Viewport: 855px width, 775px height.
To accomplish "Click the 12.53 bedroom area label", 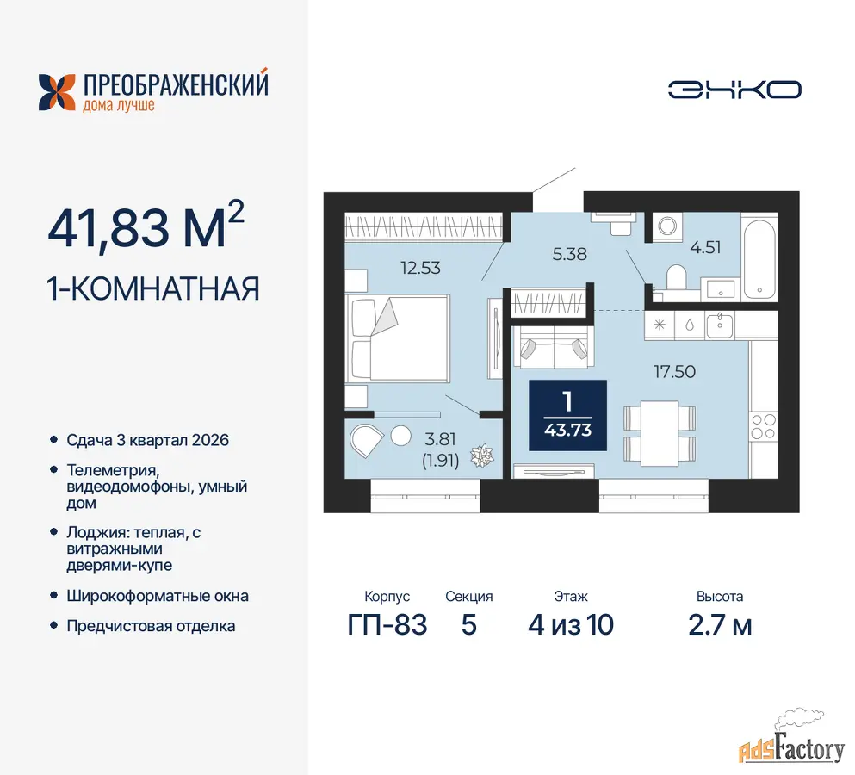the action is [420, 268].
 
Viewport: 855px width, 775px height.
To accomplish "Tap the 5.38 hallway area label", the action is [570, 254].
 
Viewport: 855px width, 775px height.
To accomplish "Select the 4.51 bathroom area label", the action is [705, 247].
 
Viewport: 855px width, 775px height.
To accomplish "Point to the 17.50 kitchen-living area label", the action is [674, 371].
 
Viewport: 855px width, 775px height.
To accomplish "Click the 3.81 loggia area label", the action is [440, 438].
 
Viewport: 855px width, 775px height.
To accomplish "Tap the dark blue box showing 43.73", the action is [567, 415].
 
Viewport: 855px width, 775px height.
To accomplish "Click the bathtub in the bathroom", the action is [759, 258].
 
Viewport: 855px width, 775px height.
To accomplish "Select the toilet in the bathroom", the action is [676, 277].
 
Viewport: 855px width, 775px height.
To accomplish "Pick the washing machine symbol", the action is [667, 226].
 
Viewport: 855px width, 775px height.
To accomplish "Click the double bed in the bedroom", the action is [400, 338].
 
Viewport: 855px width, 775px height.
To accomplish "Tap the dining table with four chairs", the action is [660, 434].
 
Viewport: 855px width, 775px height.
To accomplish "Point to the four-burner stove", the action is [764, 426].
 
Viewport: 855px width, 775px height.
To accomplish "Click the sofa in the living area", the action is [553, 346].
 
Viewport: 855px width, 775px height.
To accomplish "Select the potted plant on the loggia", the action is [482, 456].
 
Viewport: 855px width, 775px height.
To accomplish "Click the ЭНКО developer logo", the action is [734, 90].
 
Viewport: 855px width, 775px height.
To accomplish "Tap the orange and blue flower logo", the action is [57, 92].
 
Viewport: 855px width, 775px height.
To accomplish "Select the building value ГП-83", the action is [387, 624].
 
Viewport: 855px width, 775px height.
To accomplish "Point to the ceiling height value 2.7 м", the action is [720, 625].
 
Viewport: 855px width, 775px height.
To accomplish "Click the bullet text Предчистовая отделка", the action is [151, 625].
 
